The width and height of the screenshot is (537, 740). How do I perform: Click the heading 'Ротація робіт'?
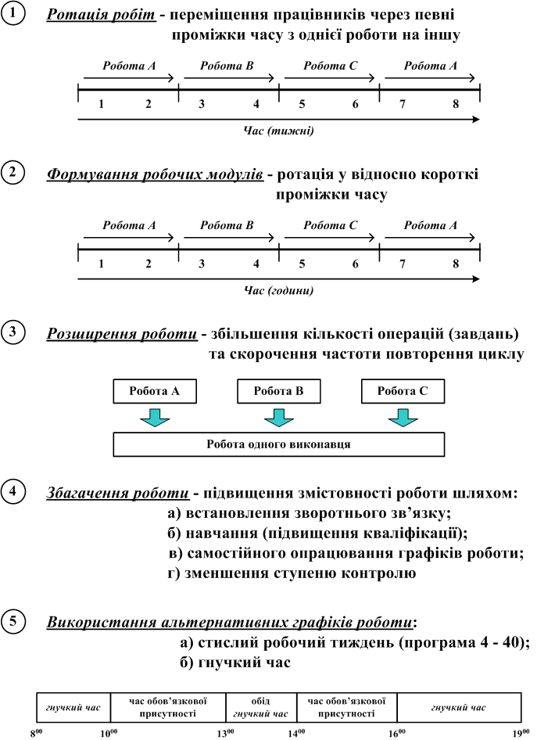(x=91, y=16)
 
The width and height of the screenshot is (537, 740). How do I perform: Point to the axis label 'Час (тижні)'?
(x=278, y=131)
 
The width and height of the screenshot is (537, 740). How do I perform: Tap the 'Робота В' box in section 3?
(x=277, y=390)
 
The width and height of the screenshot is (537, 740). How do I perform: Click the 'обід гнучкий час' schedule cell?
(x=261, y=707)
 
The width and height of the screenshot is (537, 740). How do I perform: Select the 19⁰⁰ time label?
(x=519, y=732)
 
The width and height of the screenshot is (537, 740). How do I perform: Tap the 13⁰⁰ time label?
(x=227, y=732)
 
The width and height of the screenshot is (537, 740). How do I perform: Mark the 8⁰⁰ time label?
(x=37, y=732)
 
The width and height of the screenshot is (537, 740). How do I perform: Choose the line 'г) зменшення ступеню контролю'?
(x=292, y=573)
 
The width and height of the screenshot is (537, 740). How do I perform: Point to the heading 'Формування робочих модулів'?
(x=154, y=174)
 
